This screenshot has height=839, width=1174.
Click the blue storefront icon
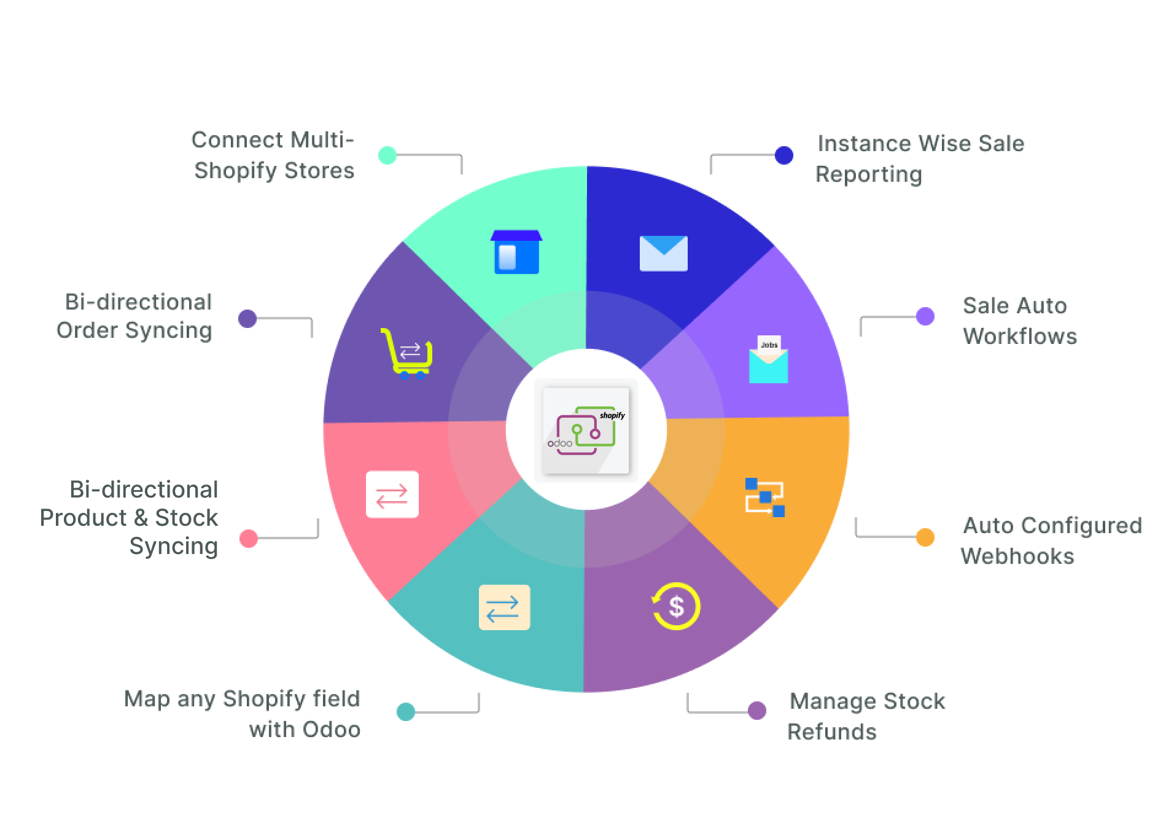(516, 252)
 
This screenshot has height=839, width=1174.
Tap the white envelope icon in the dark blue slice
(663, 253)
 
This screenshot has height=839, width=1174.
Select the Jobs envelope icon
(768, 360)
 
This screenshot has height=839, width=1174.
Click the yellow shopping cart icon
(406, 354)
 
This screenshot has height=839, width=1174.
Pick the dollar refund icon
(675, 606)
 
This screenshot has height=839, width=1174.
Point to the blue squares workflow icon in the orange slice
(764, 497)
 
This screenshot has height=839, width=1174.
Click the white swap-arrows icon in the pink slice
(392, 494)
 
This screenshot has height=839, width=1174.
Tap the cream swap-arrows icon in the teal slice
(504, 607)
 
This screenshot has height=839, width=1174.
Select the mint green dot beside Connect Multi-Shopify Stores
(387, 155)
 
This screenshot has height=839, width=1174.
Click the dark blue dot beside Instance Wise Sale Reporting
(783, 155)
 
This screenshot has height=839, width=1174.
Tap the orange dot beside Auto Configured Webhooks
(925, 537)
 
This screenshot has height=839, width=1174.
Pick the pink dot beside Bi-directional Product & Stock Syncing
(249, 539)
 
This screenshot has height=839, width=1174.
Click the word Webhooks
(1017, 556)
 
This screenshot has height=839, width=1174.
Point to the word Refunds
(832, 732)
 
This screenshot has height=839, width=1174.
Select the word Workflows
(1019, 336)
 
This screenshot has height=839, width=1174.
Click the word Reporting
(869, 174)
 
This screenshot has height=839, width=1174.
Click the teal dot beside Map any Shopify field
(406, 711)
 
